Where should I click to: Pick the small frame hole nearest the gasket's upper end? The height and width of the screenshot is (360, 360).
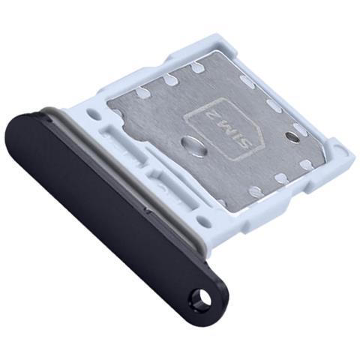(93, 114)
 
